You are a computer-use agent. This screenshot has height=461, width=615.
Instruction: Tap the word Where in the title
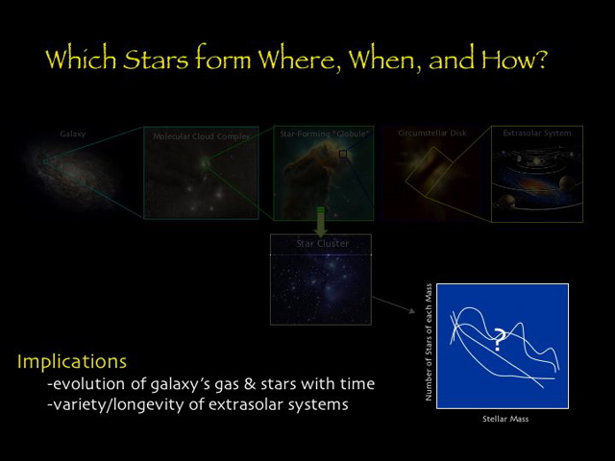[299, 60]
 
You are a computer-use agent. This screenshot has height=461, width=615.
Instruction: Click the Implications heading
[71, 362]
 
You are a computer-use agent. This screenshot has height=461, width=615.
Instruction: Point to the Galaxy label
[72, 134]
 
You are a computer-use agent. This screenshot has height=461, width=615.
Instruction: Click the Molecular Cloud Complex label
[202, 136]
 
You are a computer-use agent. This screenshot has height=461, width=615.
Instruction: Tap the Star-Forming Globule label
[321, 133]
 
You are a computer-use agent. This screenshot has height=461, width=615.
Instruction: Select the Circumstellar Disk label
[431, 133]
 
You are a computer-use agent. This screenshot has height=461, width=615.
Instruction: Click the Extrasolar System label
[536, 133]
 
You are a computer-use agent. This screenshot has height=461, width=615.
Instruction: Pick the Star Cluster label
[322, 244]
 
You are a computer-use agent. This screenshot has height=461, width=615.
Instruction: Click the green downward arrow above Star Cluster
[321, 222]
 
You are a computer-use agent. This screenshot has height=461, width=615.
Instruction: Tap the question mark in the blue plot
[499, 339]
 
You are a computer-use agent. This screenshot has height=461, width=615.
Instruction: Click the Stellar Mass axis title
[504, 419]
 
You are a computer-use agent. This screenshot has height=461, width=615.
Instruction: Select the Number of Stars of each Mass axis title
[429, 341]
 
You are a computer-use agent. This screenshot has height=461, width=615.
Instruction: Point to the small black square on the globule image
[343, 154]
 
